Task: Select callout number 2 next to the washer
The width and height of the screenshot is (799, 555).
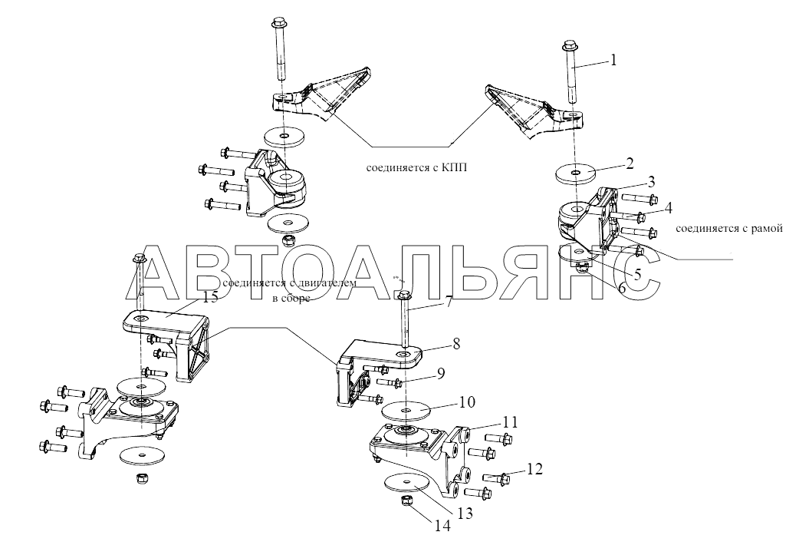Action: coord(629,163)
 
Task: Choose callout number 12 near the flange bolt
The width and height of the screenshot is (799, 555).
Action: coord(535,467)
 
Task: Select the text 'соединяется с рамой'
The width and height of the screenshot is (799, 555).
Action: coord(728,228)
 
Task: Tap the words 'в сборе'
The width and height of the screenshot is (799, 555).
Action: coord(291,299)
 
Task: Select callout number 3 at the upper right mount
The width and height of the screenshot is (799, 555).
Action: coord(649,182)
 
